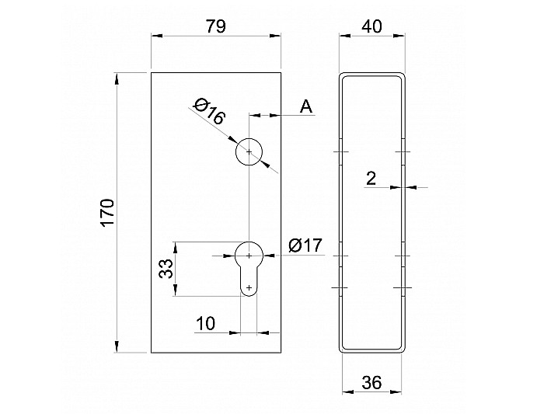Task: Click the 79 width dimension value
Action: tap(216, 26)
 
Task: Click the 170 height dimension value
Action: tap(107, 213)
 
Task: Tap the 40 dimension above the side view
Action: tap(371, 26)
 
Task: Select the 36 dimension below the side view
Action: tap(371, 383)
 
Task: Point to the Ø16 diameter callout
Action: tap(210, 111)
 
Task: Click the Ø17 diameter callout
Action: tap(305, 245)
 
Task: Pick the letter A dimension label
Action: tap(306, 106)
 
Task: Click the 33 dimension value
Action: tap(166, 269)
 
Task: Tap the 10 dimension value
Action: tap(206, 323)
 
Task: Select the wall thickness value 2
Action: tap(371, 179)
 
